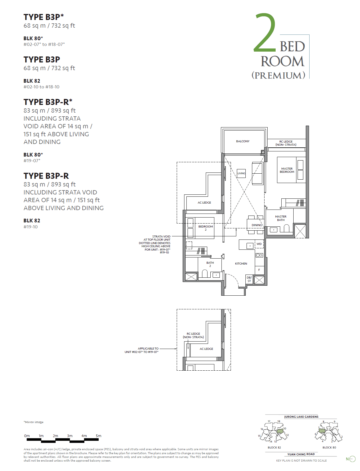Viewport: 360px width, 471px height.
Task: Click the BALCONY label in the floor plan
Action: pyautogui.click(x=243, y=141)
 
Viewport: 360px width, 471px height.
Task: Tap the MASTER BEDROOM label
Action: pyautogui.click(x=287, y=170)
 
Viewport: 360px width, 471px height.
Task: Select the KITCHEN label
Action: pyautogui.click(x=241, y=264)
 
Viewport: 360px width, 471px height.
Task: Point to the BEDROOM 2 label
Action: pyautogui.click(x=206, y=228)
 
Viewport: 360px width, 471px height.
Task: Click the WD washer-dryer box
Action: pyautogui.click(x=259, y=244)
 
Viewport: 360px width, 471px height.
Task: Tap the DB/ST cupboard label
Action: pyautogui.click(x=249, y=279)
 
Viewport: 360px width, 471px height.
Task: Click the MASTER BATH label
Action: pyautogui.click(x=281, y=218)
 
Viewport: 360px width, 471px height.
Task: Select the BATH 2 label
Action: pyautogui.click(x=210, y=264)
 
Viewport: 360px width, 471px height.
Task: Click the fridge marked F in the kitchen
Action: pyautogui.click(x=259, y=270)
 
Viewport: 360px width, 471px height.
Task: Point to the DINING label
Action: pyautogui.click(x=257, y=225)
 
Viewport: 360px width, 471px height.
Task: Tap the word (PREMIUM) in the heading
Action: pyautogui.click(x=278, y=75)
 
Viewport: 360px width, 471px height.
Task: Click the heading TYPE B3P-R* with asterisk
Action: pyautogui.click(x=48, y=102)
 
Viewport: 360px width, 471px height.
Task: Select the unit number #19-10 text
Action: pyautogui.click(x=30, y=227)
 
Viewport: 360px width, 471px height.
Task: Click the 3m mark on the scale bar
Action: pyautogui.click(x=70, y=436)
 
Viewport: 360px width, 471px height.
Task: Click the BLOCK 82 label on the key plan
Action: pyautogui.click(x=274, y=448)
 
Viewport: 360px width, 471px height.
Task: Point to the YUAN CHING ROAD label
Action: pyautogui.click(x=301, y=454)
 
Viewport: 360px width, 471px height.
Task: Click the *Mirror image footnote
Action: pyautogui.click(x=34, y=422)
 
